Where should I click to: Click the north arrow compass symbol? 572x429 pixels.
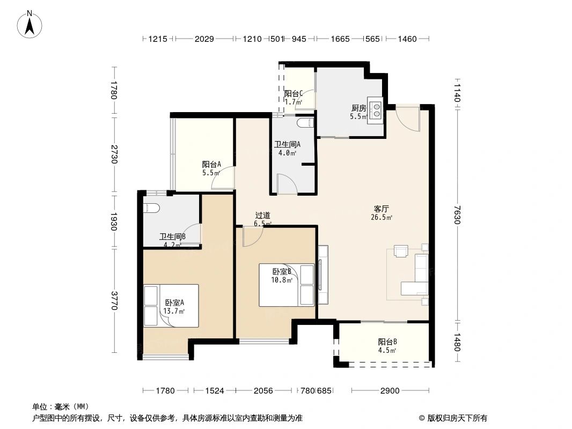30,25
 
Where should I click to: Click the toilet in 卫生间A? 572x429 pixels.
305,123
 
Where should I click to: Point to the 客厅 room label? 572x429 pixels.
382,209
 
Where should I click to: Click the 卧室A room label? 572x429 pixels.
174,302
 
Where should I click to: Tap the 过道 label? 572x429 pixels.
262,216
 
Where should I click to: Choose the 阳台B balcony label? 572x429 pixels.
387,342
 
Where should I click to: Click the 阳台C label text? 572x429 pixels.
294,94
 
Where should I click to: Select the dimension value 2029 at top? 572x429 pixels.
204,39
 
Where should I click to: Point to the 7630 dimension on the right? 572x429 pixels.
458,214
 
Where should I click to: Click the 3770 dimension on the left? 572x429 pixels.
114,300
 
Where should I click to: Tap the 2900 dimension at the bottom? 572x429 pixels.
390,391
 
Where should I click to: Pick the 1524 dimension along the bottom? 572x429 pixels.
215,391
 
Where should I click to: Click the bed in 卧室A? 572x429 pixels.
171,306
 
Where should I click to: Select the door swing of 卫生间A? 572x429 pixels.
288,183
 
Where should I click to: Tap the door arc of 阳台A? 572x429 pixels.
223,177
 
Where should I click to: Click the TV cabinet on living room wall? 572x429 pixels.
323,275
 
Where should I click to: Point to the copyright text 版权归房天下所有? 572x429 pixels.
457,418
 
